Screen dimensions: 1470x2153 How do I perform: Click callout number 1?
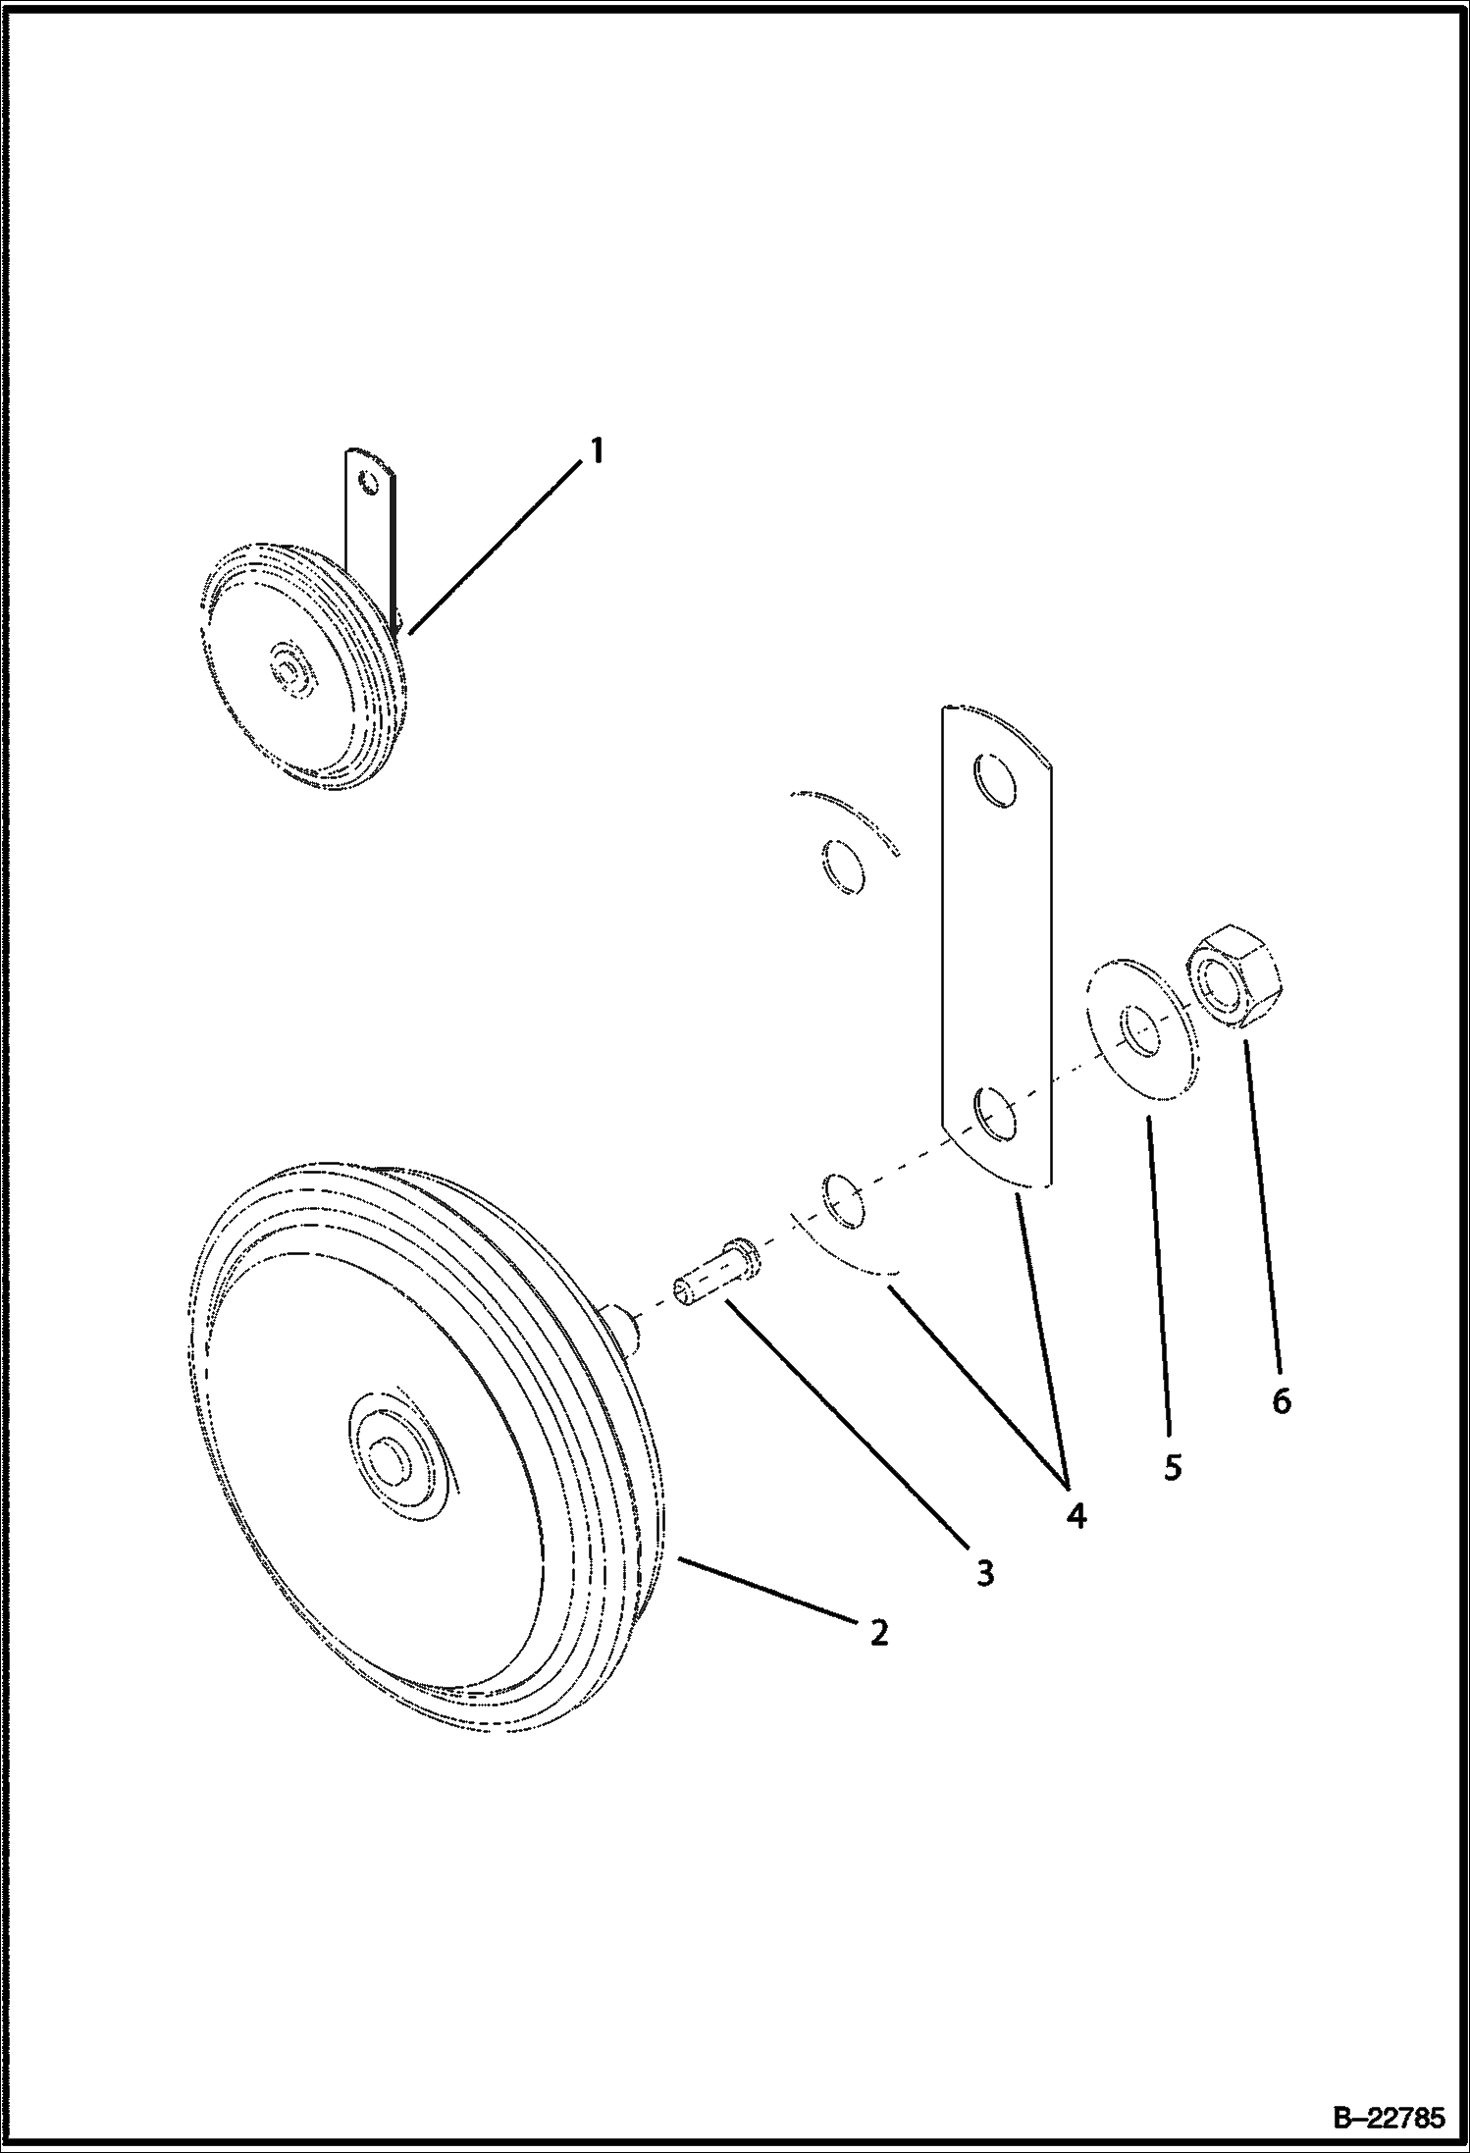596,451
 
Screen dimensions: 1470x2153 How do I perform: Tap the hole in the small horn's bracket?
367,483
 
